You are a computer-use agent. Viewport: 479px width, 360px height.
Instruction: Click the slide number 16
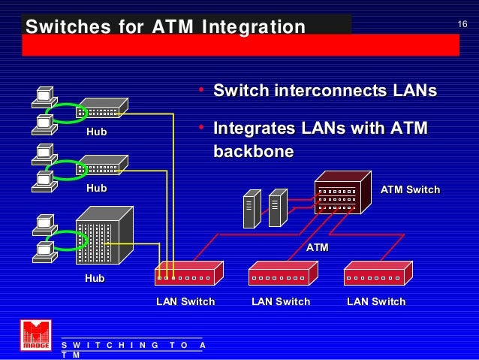(462, 26)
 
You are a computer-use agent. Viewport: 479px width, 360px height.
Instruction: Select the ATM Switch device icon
(342, 192)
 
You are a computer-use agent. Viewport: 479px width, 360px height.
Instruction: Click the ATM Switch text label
(410, 189)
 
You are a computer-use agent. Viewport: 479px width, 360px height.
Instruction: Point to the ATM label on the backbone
(318, 247)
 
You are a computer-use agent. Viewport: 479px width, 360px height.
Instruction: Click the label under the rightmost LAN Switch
(376, 301)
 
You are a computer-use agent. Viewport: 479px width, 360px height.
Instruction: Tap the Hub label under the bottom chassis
(95, 278)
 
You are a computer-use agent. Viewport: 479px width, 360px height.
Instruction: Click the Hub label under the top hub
(96, 132)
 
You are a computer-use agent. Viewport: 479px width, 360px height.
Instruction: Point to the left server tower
(252, 208)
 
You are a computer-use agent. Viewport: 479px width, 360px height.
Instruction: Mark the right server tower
(278, 208)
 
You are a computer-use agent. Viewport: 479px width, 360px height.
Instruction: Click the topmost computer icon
(44, 96)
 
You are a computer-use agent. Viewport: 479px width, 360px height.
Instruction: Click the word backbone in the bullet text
(253, 151)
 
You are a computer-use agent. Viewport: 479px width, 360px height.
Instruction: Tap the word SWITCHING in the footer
(110, 345)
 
